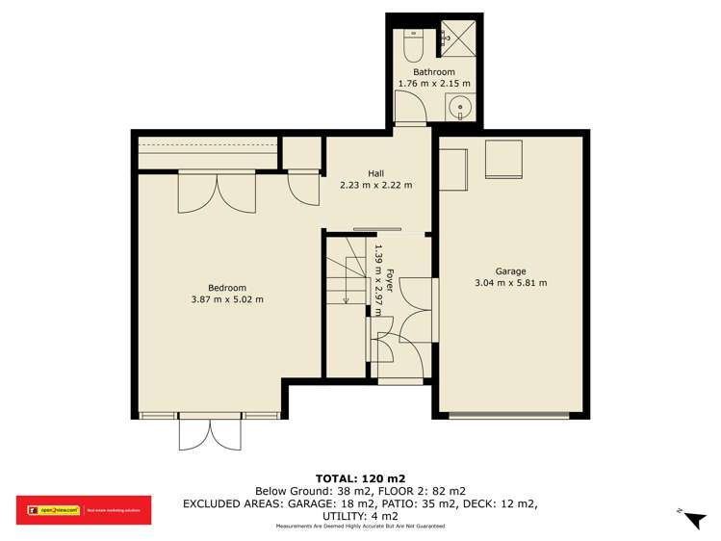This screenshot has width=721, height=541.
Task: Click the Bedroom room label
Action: tap(227, 287)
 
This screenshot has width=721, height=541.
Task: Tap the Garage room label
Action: tap(511, 270)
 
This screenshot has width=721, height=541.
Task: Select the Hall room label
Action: tap(375, 173)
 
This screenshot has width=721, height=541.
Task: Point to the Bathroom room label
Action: tap(434, 72)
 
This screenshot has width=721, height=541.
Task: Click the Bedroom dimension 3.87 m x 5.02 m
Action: tap(227, 299)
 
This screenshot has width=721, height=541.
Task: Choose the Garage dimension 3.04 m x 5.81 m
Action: tap(511, 283)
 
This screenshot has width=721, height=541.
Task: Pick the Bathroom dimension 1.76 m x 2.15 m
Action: tap(434, 85)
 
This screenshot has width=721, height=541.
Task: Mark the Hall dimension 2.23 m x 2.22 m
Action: tap(375, 186)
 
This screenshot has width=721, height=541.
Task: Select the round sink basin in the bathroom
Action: tap(461, 107)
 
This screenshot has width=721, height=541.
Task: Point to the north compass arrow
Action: tap(693, 520)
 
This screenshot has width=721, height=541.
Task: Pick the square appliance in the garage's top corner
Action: tap(502, 159)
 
